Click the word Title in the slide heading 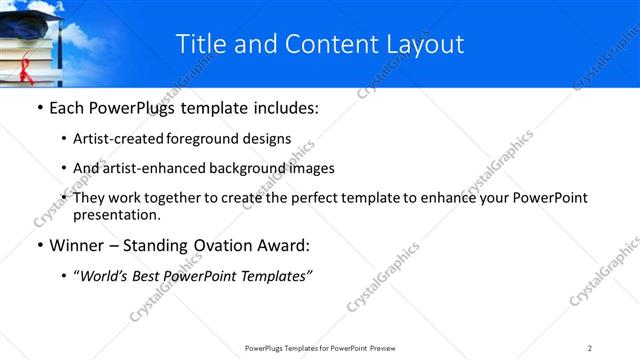tap(200, 44)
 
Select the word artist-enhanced tap(145, 168)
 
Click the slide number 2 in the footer tap(590, 348)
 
